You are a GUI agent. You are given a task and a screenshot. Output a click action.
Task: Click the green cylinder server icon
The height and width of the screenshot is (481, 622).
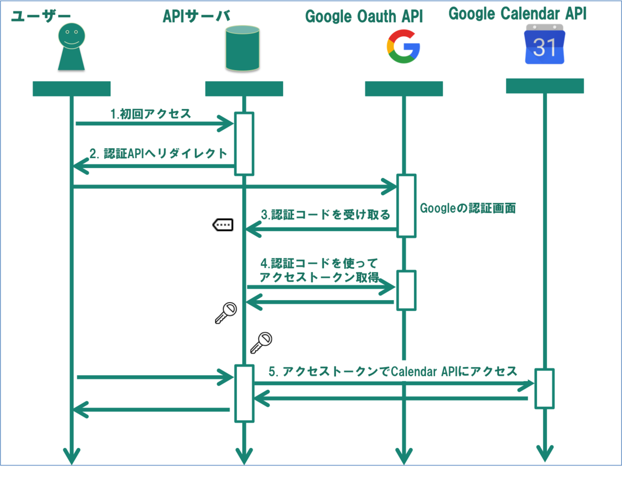click(243, 49)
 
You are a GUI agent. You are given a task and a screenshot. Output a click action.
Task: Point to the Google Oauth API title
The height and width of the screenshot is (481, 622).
click(364, 17)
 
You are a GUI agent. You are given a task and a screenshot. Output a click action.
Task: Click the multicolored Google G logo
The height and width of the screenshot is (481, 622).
click(403, 47)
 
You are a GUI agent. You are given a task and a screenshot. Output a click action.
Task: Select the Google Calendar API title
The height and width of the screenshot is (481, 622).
click(517, 14)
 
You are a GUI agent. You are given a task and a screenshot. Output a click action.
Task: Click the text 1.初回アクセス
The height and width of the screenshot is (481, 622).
click(151, 114)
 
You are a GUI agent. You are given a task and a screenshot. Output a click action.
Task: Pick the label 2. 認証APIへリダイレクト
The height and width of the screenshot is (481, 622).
click(159, 153)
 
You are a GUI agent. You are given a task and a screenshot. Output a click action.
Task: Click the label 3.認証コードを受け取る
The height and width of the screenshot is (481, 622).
click(326, 215)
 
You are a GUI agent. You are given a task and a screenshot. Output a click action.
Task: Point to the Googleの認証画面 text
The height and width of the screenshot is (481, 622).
click(468, 208)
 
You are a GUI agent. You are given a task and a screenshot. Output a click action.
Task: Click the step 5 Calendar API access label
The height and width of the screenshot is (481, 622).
click(392, 371)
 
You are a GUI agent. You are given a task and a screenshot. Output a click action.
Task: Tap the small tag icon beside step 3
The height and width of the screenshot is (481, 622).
click(223, 224)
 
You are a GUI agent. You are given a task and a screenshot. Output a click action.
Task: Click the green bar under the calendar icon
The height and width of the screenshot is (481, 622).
click(545, 86)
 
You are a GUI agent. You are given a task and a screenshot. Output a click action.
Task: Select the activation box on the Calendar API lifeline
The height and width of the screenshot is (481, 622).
click(544, 388)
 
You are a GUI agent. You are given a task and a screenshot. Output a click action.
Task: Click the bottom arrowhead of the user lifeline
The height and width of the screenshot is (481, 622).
click(71, 455)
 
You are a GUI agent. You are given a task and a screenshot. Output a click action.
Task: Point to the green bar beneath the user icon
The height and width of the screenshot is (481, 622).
click(72, 89)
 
